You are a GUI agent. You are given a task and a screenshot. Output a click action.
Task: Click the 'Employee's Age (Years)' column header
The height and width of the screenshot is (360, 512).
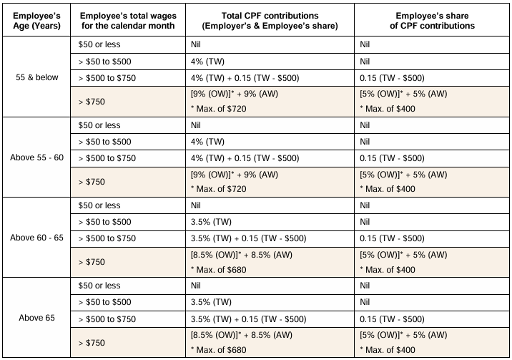(x=36, y=21)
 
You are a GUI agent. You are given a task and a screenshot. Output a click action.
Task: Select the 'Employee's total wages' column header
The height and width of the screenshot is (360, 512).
(x=128, y=21)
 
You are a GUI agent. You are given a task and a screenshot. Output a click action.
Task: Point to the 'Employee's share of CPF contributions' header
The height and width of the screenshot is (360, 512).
(x=432, y=21)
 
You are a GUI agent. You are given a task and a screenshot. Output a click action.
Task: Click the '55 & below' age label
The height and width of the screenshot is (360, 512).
(x=37, y=77)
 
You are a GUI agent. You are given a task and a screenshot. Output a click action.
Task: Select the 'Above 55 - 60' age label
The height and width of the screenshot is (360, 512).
(x=37, y=157)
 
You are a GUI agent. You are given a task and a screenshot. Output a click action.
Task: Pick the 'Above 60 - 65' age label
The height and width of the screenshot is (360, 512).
(x=37, y=238)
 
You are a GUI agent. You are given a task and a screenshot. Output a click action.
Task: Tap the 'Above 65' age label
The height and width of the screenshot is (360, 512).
(x=37, y=318)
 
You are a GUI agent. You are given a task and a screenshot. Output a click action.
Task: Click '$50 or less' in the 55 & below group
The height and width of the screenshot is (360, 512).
(x=99, y=44)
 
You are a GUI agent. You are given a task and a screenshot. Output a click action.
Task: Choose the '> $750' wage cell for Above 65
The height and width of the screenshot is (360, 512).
(x=92, y=343)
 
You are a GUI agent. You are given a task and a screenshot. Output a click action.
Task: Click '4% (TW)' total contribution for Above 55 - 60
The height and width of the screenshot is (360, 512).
(x=207, y=142)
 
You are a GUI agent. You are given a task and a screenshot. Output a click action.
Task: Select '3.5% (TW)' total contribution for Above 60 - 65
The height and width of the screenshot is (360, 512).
(x=211, y=222)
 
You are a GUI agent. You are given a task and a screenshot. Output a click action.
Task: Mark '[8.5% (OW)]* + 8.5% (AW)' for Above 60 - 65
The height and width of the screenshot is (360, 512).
(x=242, y=255)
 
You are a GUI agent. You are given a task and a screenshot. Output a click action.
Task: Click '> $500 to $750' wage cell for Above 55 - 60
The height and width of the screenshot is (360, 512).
(x=107, y=158)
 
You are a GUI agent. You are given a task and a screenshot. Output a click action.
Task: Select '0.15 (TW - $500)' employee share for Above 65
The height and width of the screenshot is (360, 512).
(x=392, y=319)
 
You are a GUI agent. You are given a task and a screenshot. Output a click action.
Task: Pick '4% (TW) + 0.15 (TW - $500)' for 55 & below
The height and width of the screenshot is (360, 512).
(x=245, y=78)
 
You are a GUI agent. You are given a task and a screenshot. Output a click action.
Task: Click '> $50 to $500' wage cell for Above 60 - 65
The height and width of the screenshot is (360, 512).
(x=105, y=222)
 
